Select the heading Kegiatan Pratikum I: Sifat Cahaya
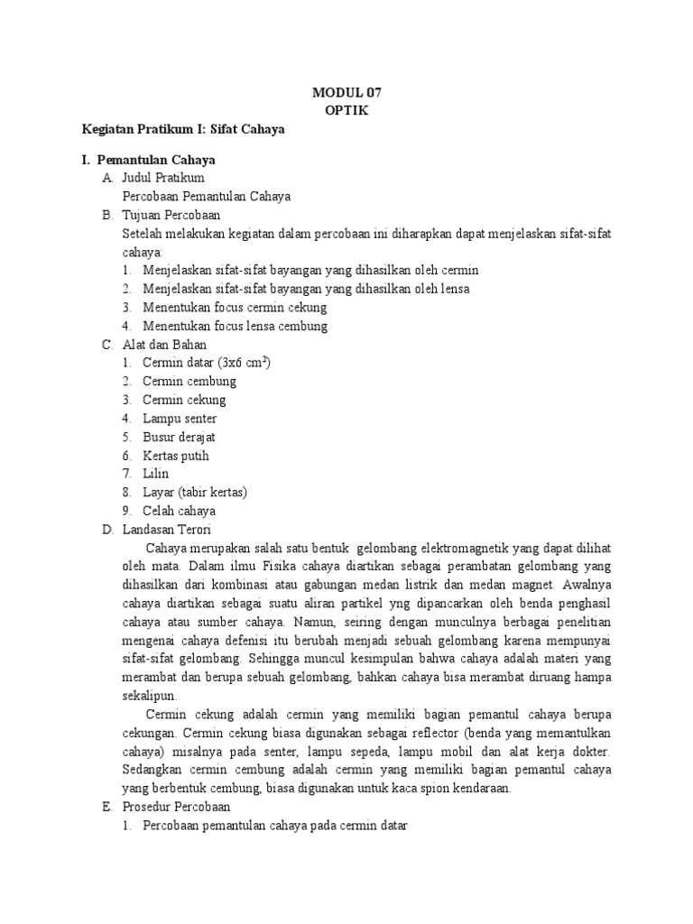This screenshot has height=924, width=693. pyautogui.click(x=183, y=129)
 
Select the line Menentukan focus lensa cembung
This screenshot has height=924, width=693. pyautogui.click(x=235, y=326)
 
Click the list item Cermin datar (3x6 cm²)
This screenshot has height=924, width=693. pyautogui.click(x=207, y=363)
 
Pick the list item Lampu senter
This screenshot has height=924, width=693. pyautogui.click(x=180, y=419)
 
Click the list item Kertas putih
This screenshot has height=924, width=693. pyautogui.click(x=175, y=456)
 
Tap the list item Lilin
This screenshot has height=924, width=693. pyautogui.click(x=155, y=474)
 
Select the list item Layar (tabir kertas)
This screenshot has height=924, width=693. pyautogui.click(x=194, y=493)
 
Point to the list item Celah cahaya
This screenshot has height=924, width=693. pyautogui.click(x=179, y=511)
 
